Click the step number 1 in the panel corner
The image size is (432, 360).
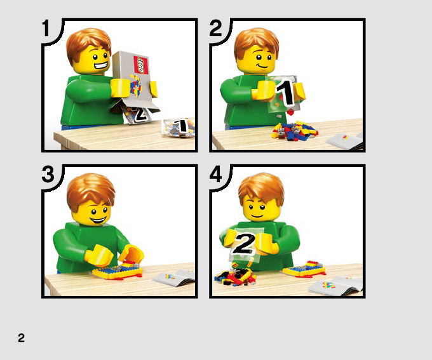[x=46, y=28]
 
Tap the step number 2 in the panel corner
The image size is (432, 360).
[x=215, y=28]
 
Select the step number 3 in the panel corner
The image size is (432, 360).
[x=48, y=174]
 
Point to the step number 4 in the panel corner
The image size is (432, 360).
[x=215, y=174]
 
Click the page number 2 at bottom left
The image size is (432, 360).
[x=21, y=338]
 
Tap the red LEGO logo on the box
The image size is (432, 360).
[x=141, y=65]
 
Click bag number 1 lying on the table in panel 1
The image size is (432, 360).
[x=179, y=127]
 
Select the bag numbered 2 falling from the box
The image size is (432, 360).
[x=138, y=114]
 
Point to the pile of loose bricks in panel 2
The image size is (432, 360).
[x=295, y=131]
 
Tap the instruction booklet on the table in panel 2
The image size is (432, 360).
[x=345, y=140]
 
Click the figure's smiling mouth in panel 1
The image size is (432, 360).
[x=101, y=66]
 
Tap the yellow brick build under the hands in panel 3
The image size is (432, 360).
[x=118, y=271]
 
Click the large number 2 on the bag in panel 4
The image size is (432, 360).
[x=244, y=243]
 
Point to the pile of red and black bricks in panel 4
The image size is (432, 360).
[x=234, y=276]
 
